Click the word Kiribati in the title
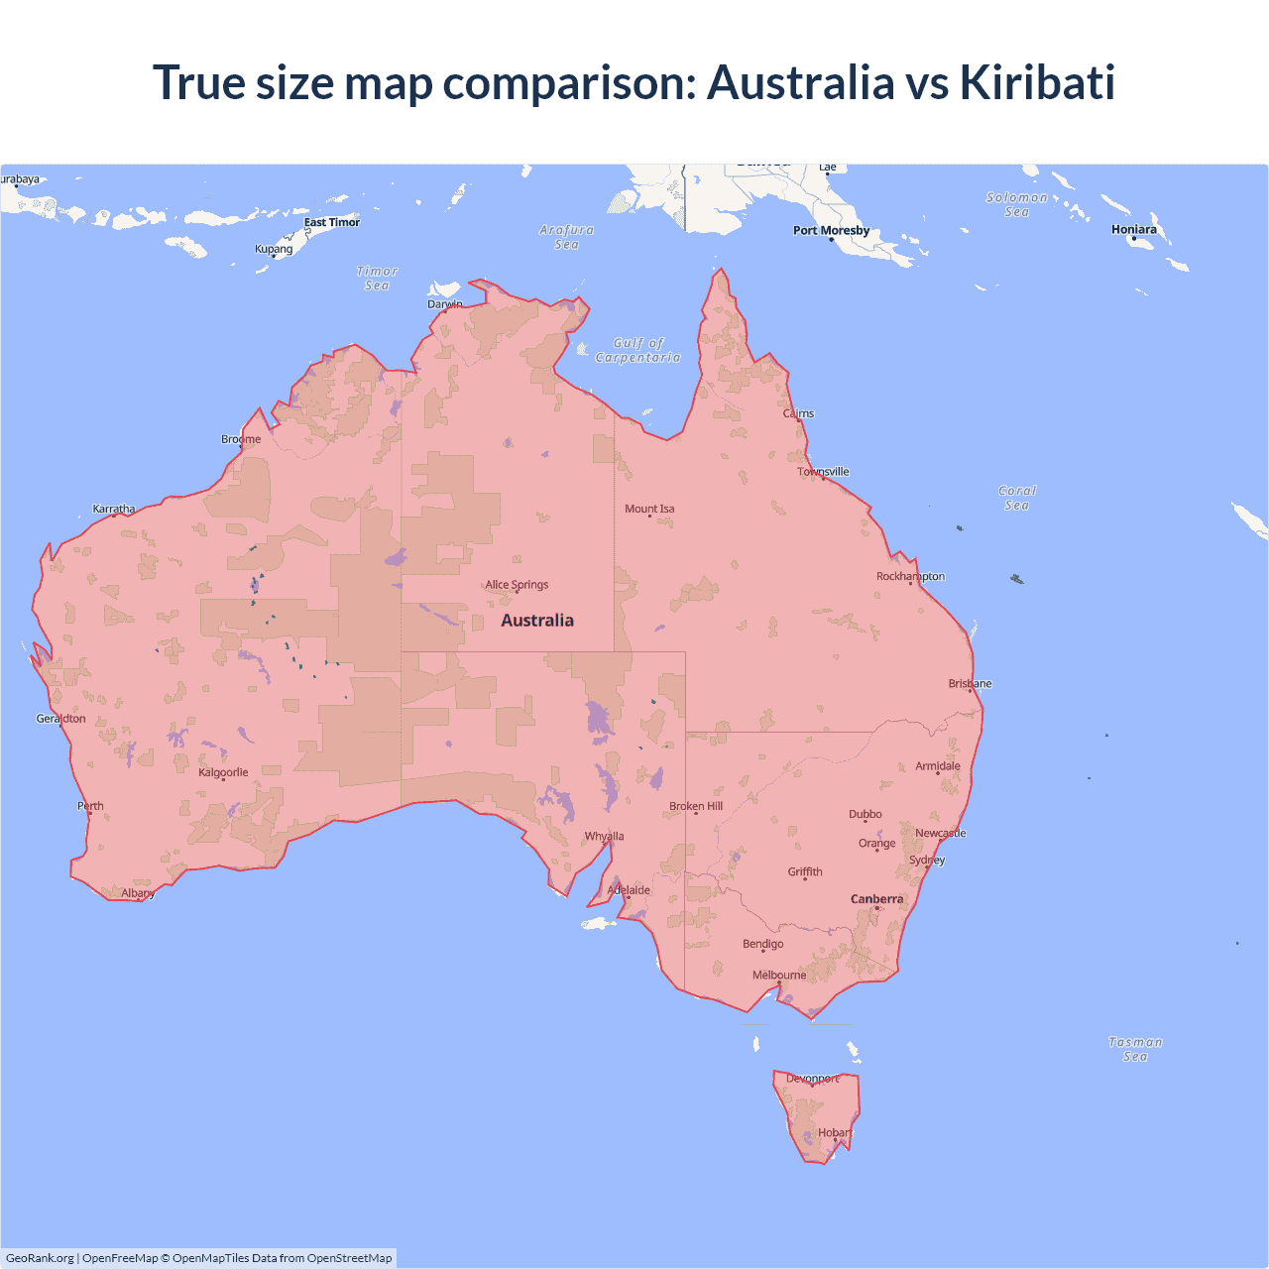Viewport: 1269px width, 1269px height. pyautogui.click(x=1036, y=82)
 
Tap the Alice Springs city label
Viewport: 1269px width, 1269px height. pyautogui.click(x=517, y=585)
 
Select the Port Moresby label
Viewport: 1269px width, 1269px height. pyautogui.click(x=831, y=231)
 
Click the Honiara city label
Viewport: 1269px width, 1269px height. pyautogui.click(x=1133, y=230)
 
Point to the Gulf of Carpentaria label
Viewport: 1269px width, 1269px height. pyautogui.click(x=637, y=350)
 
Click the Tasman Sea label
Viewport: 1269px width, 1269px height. pyautogui.click(x=1135, y=1049)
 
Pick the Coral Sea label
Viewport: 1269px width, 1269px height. pyautogui.click(x=1017, y=498)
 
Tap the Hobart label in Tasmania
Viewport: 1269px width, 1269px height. pyautogui.click(x=835, y=1133)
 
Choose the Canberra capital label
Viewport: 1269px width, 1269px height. pyautogui.click(x=876, y=899)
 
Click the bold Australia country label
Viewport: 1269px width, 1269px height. pyautogui.click(x=537, y=621)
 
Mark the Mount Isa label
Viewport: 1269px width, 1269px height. pyautogui.click(x=649, y=509)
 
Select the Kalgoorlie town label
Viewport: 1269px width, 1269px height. pyautogui.click(x=223, y=772)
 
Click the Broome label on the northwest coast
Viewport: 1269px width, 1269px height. pyautogui.click(x=241, y=439)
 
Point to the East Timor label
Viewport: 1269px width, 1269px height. pyautogui.click(x=331, y=222)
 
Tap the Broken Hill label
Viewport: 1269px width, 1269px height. pyautogui.click(x=696, y=806)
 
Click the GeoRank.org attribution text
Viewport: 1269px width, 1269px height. pyautogui.click(x=40, y=1258)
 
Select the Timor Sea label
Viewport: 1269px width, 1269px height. pyautogui.click(x=377, y=278)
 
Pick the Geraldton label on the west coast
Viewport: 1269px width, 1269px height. pyautogui.click(x=60, y=719)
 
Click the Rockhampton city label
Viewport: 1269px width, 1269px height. pyautogui.click(x=910, y=576)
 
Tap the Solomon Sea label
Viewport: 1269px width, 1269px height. pyautogui.click(x=1016, y=204)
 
